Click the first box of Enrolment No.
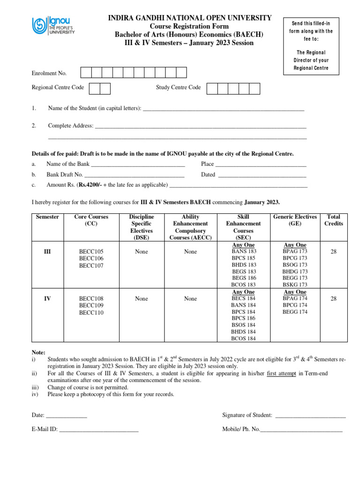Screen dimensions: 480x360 point(86,73)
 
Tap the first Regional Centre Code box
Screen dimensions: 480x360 point(94,88)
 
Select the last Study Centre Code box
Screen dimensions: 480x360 point(254,88)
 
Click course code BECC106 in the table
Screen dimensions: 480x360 point(91,259)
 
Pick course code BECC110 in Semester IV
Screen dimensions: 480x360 point(91,313)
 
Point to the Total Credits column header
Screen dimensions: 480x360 point(333,220)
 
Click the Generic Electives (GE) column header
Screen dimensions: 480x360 point(295,220)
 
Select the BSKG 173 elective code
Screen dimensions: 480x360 point(295,285)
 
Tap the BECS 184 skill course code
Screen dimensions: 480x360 point(243,299)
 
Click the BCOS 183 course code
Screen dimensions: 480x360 point(243,285)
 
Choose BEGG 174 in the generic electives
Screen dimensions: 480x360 point(295,312)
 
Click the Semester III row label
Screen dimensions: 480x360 point(47,252)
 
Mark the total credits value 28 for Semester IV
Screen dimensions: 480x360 point(333,299)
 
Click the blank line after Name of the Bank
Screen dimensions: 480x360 point(138,165)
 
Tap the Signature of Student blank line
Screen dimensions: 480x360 point(310,415)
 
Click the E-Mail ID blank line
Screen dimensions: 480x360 point(99,429)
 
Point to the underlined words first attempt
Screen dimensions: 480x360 point(282,373)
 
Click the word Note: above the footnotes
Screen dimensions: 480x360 point(38,352)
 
